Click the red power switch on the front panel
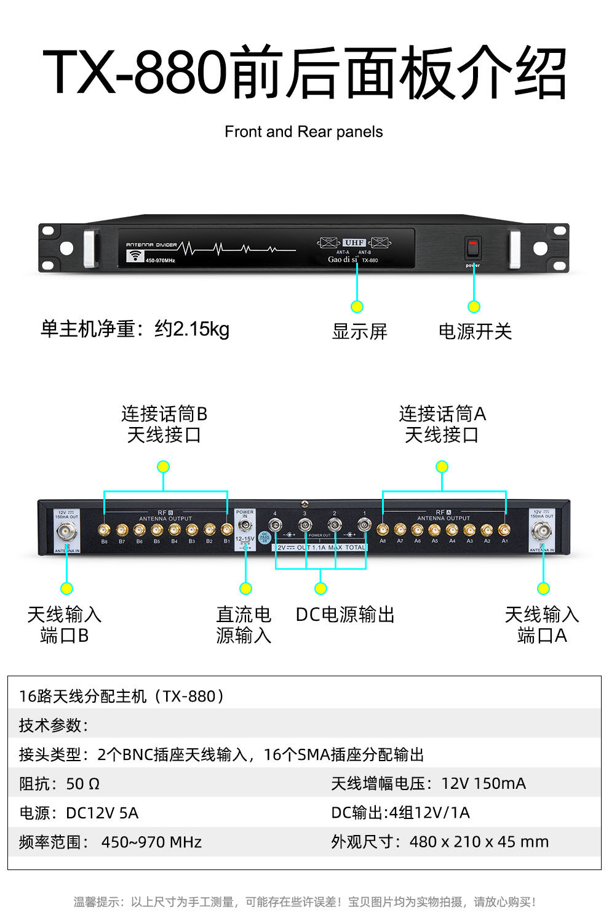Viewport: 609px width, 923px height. point(472,248)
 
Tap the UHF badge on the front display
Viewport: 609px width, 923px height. point(354,242)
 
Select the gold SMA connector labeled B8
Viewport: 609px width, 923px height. point(105,529)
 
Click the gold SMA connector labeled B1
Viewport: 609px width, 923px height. point(227,529)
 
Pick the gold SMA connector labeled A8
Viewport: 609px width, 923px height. point(383,529)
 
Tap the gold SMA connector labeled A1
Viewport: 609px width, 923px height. point(504,529)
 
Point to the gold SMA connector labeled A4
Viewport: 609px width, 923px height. point(452,529)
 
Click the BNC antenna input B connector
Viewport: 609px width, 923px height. point(66,531)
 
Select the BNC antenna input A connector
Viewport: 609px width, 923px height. point(543,530)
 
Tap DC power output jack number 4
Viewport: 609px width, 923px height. point(275,525)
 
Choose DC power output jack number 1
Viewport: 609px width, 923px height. point(365,525)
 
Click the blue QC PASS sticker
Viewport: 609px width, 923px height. point(265,537)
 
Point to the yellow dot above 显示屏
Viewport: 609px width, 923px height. point(357,306)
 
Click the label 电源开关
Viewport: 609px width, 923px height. point(475,332)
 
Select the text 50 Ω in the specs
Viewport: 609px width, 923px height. point(82,783)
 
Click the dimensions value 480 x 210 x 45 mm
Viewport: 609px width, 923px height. point(479,841)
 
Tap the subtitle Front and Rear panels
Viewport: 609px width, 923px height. point(304,132)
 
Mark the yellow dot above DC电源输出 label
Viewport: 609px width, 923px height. point(320,589)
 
